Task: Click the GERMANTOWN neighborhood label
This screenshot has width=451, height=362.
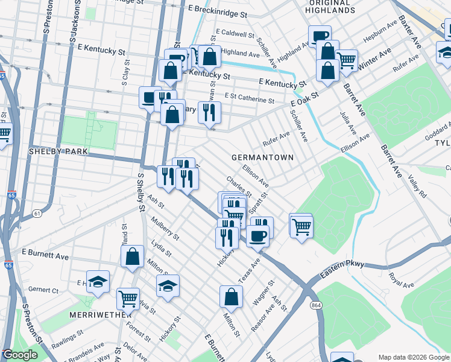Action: [262, 157]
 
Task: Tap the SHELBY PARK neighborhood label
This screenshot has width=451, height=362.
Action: [58, 151]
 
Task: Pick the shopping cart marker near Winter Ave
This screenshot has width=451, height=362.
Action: [346, 60]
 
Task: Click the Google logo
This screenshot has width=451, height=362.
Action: [20, 355]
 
